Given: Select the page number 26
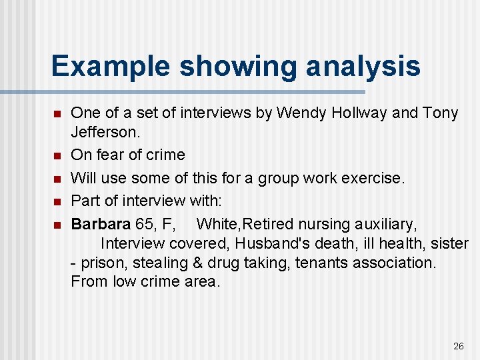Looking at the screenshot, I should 458,346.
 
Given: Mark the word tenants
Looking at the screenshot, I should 322,263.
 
